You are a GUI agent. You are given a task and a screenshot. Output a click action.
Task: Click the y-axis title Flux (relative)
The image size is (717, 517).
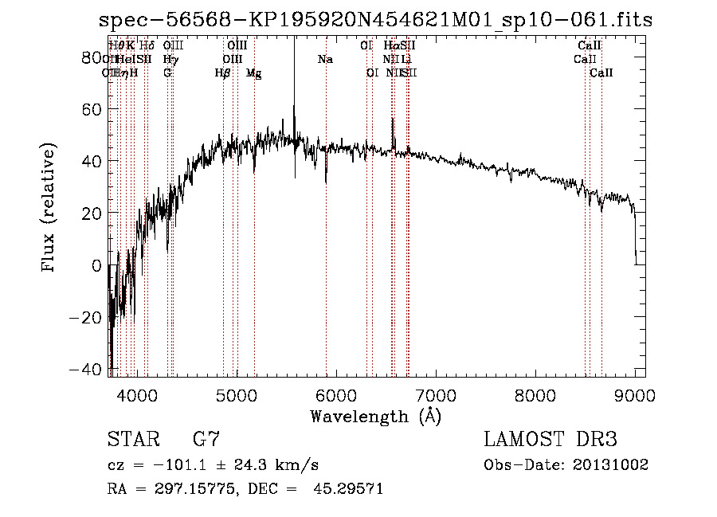(x=49, y=208)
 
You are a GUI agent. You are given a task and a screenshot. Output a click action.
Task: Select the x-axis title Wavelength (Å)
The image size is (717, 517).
(x=375, y=416)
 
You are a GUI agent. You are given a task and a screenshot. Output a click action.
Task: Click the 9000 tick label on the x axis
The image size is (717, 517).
(x=635, y=394)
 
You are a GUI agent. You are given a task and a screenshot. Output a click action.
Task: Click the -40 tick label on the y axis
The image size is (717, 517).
(x=85, y=370)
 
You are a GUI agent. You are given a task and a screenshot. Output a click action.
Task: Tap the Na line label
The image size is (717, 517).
(x=325, y=60)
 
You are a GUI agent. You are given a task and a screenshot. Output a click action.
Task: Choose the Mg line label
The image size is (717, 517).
(x=253, y=73)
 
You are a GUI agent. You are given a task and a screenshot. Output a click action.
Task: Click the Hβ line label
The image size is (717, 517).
(x=223, y=73)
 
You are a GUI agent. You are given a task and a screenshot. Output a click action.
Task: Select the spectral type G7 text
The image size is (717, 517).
(x=206, y=440)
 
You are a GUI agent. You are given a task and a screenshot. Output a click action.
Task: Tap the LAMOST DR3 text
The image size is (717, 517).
(x=550, y=440)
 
